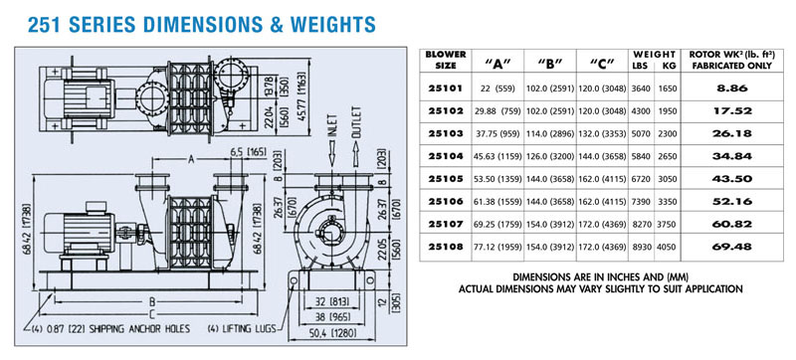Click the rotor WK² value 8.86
click(x=731, y=89)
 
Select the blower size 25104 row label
click(x=445, y=156)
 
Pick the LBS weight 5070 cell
click(x=641, y=134)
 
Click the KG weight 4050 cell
click(x=668, y=248)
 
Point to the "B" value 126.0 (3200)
click(x=550, y=157)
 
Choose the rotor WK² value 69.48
click(x=731, y=248)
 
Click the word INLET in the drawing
click(x=331, y=125)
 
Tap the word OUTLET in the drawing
click(x=356, y=122)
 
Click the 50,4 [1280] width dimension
click(x=332, y=333)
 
